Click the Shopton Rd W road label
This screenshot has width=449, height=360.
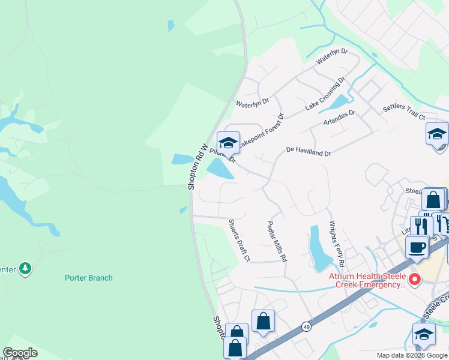coord(197,167)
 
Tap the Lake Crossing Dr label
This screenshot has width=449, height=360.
coord(325,93)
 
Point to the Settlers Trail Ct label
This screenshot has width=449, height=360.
coord(404,112)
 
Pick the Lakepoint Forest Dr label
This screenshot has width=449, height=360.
coord(261,131)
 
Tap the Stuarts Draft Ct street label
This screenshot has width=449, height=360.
coord(239,240)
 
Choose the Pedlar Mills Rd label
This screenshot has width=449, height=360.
coord(277,241)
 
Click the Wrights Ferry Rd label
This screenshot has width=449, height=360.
coord(336,244)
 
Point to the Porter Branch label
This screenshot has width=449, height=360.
coord(89,278)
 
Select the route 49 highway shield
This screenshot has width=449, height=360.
coord(307,327)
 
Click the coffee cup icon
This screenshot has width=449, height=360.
coord(417,247)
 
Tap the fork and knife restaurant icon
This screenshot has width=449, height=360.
coord(421,226)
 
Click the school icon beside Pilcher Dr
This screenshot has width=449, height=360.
coord(228,143)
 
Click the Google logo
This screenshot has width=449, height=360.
coord(20,353)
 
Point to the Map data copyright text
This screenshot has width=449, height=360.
coord(411,355)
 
